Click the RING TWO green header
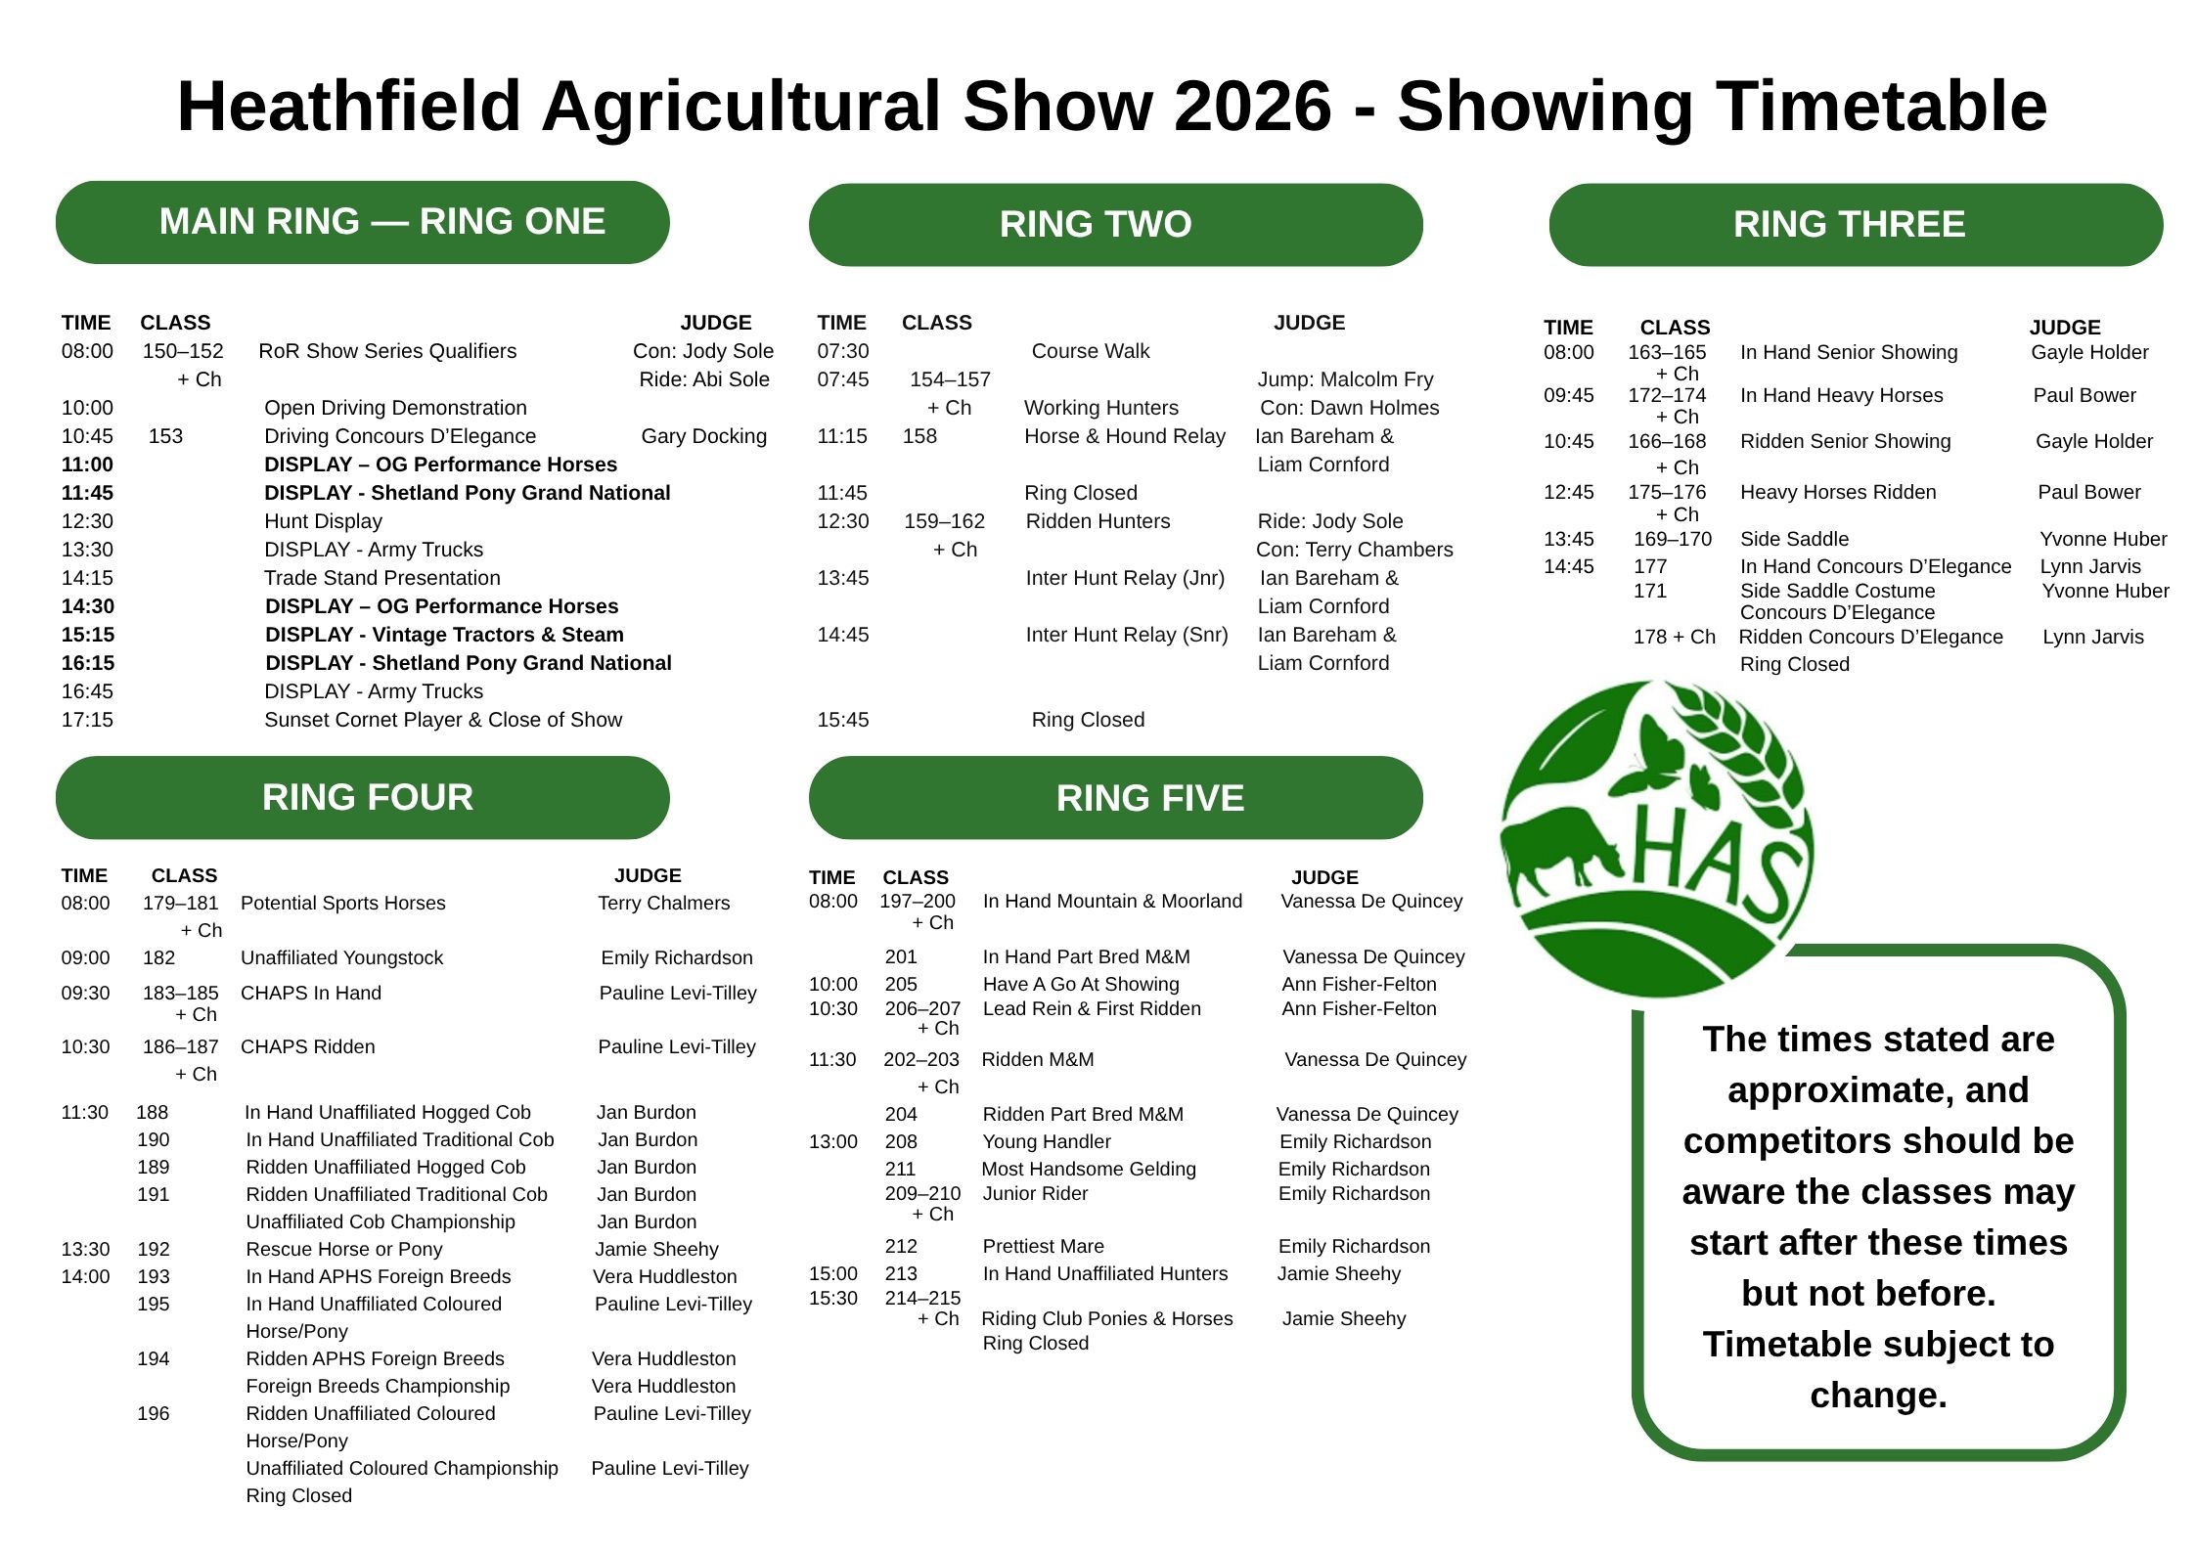[x=1115, y=224]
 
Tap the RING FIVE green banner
[x=1115, y=797]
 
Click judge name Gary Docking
[x=704, y=436]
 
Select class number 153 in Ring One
[x=165, y=436]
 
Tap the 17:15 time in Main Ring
[x=87, y=720]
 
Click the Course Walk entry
[x=1091, y=351]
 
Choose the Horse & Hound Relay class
[x=1124, y=436]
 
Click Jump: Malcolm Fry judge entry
[x=1345, y=379]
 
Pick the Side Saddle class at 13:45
[x=1794, y=539]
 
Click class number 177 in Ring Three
[x=1650, y=566]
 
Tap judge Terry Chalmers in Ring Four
[x=664, y=903]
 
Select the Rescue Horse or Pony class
[x=344, y=1249]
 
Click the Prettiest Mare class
[x=1043, y=1246]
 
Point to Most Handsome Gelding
[x=1089, y=1169]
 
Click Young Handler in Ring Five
[x=1047, y=1141]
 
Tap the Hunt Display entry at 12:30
[x=323, y=521]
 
